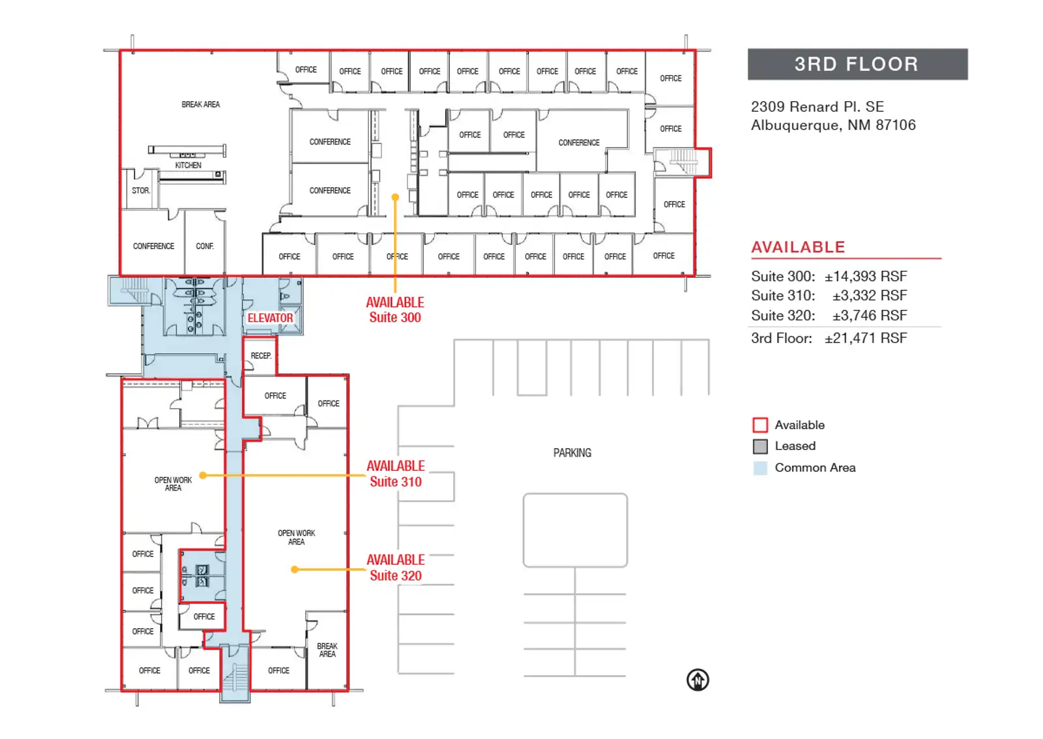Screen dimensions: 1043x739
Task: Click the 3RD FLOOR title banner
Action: [x=858, y=65]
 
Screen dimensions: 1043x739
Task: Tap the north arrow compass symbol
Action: [x=698, y=680]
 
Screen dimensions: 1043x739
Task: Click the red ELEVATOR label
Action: [x=270, y=318]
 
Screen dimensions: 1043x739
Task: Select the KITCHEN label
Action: [x=188, y=166]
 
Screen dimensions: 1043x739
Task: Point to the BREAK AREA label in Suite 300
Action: [x=201, y=104]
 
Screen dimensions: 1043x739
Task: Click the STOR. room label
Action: [x=141, y=190]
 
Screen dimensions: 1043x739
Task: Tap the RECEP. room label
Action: [x=261, y=356]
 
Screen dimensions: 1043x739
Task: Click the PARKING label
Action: [x=572, y=453]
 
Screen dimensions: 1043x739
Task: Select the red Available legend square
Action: [x=760, y=425]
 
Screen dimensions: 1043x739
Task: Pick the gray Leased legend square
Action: [x=760, y=446]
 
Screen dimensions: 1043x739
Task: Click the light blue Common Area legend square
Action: [x=760, y=468]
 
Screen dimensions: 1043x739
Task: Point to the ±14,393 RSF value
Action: [x=866, y=277]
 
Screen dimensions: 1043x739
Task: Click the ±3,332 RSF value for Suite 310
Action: [x=870, y=295]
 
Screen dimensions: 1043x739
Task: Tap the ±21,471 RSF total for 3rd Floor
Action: [x=866, y=338]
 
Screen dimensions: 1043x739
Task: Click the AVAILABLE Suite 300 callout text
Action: [x=395, y=310]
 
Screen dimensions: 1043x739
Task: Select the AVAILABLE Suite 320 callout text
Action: [x=395, y=567]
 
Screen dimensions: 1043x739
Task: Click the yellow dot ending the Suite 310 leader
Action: [x=203, y=475]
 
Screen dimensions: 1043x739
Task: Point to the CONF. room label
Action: [x=205, y=246]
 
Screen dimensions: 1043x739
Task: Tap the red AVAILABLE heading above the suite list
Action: [x=798, y=247]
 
